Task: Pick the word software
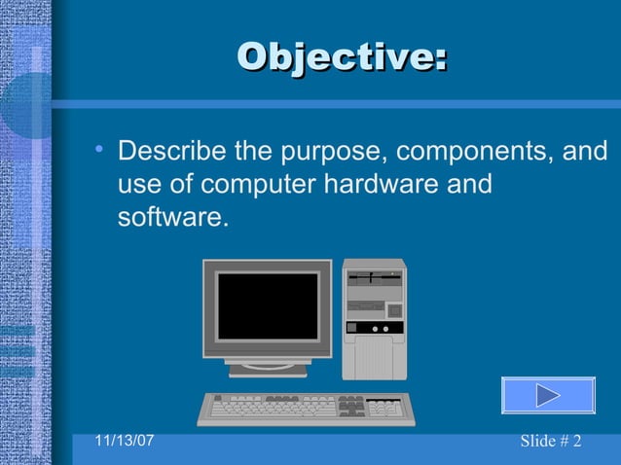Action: tap(172, 217)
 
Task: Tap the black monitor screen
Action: tap(267, 305)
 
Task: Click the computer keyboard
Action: tap(306, 408)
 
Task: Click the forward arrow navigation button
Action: tap(548, 396)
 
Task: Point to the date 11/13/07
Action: tap(125, 441)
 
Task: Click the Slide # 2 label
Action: tap(550, 442)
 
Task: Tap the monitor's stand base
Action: tap(268, 369)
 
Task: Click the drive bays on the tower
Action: tap(374, 282)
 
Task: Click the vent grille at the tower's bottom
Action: tap(374, 358)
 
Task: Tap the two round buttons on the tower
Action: tap(380, 329)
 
